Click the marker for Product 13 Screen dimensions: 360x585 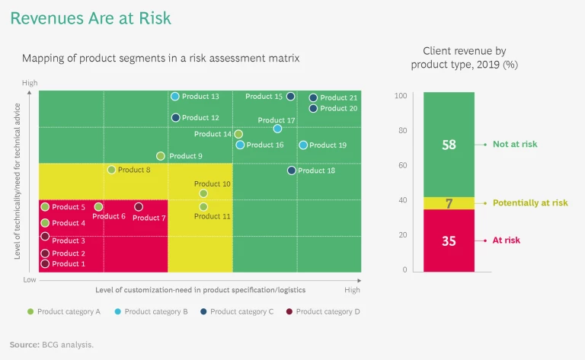175,97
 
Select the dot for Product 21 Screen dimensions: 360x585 313,98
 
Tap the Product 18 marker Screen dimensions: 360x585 292,170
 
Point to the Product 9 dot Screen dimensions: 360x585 161,156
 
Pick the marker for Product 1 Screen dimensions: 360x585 45,264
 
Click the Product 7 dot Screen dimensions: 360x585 139,207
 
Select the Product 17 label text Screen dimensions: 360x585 277,120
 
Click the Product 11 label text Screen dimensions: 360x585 213,217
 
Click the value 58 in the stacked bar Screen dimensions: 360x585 449,144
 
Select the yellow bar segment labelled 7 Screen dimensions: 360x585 449,203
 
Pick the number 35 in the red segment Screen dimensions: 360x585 449,241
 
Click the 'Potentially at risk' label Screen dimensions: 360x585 530,203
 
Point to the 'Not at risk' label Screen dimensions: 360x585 515,144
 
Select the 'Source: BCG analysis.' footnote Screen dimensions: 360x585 52,345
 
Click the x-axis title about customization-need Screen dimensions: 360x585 200,290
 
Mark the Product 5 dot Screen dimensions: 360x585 45,207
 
